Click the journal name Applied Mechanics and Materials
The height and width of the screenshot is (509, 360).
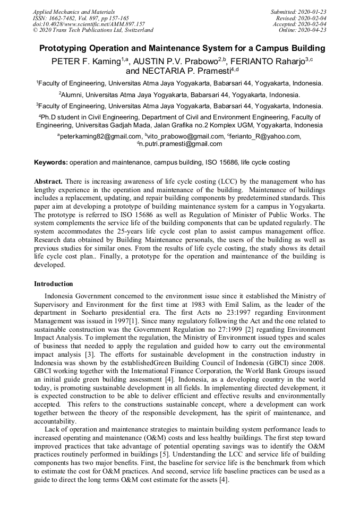coord(74,12)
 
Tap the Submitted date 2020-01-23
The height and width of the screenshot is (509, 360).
coord(311,12)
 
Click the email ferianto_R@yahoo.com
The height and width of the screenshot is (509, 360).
coord(265,136)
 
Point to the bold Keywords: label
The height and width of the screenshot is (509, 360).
coord(51,162)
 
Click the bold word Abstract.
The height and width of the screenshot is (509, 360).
coord(49,181)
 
